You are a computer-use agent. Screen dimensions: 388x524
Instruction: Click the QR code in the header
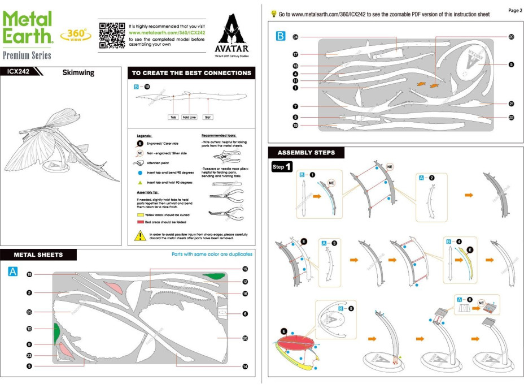coord(111,35)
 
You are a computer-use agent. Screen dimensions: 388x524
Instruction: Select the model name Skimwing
coord(78,73)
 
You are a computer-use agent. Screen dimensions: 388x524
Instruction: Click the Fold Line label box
coord(189,118)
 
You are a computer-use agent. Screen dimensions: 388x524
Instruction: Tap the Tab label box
coord(174,118)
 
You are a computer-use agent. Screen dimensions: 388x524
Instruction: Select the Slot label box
coord(208,118)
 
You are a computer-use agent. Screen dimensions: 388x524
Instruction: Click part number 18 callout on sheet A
coord(29,274)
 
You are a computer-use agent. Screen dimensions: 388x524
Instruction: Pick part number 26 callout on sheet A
coord(245,338)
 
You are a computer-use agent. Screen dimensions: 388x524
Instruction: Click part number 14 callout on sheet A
coord(245,367)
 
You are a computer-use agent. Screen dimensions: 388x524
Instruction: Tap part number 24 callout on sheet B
coord(295,37)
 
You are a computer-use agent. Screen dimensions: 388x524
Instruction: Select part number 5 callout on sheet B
coord(511,64)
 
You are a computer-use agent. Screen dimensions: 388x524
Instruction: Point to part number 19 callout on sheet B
coord(295,125)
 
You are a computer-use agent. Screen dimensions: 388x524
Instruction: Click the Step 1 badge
coord(282,167)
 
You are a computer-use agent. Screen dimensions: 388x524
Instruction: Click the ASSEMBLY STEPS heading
coord(306,153)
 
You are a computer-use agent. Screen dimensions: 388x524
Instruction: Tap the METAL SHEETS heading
coord(38,255)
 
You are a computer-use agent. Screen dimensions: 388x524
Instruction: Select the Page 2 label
coord(514,10)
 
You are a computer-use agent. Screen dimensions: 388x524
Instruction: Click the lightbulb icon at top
coord(274,13)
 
